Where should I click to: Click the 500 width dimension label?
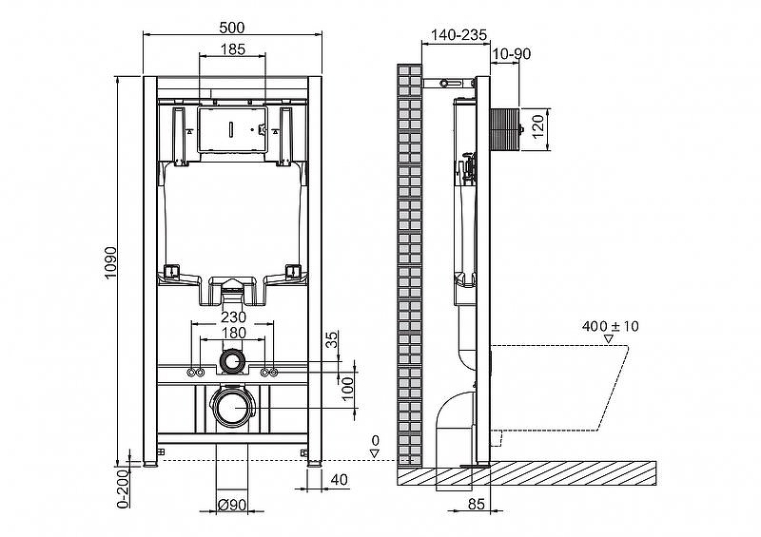[231, 28]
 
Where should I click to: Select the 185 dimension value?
[233, 49]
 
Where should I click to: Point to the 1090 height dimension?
[111, 263]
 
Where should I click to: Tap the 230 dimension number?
[233, 316]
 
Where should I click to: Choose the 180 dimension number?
[233, 333]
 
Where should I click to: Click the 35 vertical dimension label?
[331, 339]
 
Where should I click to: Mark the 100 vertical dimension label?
[347, 389]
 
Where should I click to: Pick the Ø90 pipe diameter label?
[232, 505]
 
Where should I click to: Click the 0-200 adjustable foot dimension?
[125, 489]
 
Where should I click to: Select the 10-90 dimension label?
[512, 54]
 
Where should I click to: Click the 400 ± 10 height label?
[610, 326]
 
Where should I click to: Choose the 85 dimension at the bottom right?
[477, 504]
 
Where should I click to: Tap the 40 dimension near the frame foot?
[339, 479]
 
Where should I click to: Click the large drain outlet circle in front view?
[232, 407]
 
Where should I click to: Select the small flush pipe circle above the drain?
[233, 361]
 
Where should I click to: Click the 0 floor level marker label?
[375, 440]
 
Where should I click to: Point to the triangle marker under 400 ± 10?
[608, 339]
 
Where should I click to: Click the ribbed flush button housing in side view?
[505, 129]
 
